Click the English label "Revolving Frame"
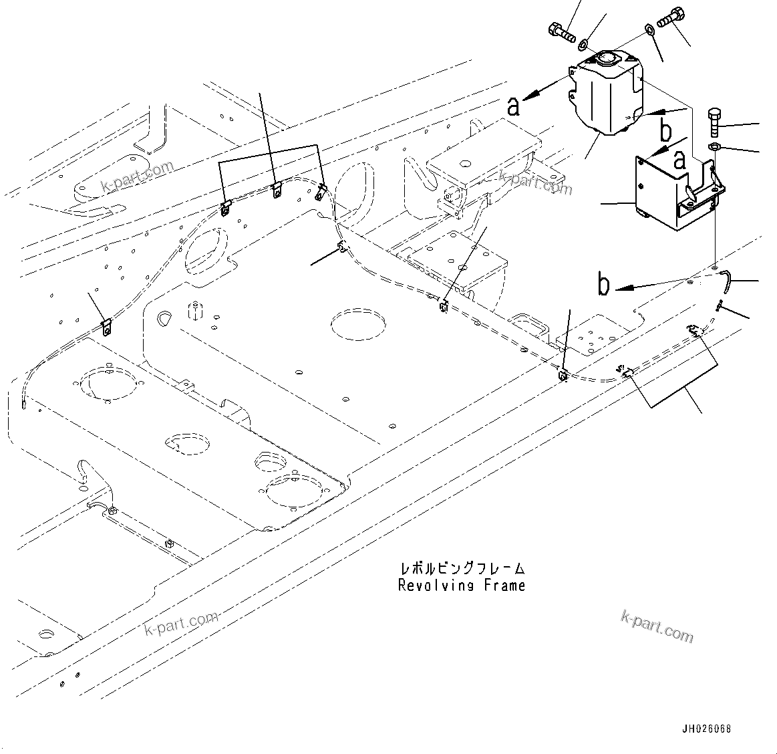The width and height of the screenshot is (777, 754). click(462, 586)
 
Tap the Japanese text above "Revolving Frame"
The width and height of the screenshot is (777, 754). click(462, 569)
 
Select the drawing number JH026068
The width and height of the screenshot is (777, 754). click(706, 727)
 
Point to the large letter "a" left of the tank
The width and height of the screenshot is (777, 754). click(513, 106)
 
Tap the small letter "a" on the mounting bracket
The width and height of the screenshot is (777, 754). click(679, 160)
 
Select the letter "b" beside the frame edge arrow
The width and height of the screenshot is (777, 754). click(604, 285)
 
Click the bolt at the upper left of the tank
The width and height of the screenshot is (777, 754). click(561, 31)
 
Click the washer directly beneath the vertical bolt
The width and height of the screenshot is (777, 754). click(714, 147)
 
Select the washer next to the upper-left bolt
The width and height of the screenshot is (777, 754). click(583, 44)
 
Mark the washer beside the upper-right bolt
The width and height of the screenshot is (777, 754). click(649, 29)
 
